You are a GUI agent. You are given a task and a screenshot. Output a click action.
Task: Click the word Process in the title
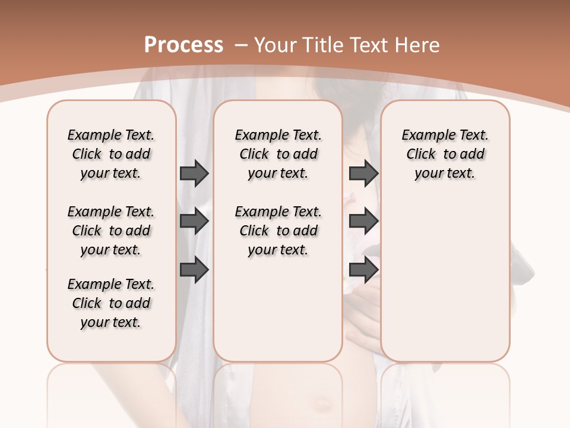[x=183, y=45]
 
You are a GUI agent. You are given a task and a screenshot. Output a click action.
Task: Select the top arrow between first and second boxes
[x=194, y=174]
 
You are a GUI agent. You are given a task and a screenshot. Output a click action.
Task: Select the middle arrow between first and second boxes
[x=194, y=222]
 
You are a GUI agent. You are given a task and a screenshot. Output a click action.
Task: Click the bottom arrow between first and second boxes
[x=194, y=270]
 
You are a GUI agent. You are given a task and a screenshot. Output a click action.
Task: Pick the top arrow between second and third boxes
[x=363, y=174]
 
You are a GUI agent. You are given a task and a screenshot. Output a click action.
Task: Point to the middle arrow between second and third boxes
[x=363, y=222]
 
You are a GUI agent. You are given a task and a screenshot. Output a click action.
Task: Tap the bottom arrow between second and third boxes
[x=363, y=270]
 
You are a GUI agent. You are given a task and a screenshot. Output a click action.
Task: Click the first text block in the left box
[x=111, y=154]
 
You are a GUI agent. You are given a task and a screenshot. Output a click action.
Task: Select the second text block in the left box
[x=111, y=231]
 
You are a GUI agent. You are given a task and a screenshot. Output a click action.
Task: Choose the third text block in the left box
[x=111, y=303]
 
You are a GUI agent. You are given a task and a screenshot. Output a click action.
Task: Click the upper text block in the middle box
[x=278, y=154]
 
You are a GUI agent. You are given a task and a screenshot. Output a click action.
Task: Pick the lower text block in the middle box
[x=278, y=231]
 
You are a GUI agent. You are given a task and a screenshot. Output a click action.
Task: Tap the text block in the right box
[x=445, y=154]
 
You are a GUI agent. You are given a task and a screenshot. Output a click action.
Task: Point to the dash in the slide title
[x=241, y=45]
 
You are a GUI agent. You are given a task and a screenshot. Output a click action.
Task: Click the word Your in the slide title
[x=275, y=45]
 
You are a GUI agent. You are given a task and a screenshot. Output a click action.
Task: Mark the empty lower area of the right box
[x=445, y=279]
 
